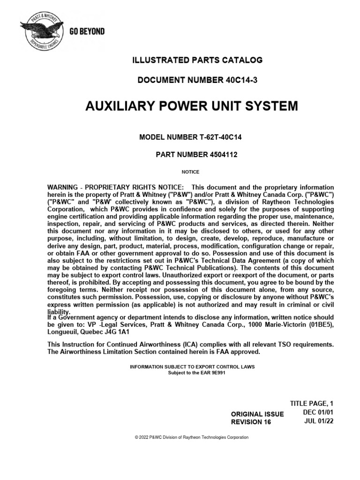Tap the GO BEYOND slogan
(x=87, y=32)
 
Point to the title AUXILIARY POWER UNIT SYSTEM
(x=191, y=106)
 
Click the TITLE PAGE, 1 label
(x=313, y=403)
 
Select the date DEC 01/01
(x=318, y=412)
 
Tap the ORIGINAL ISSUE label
(x=257, y=413)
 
